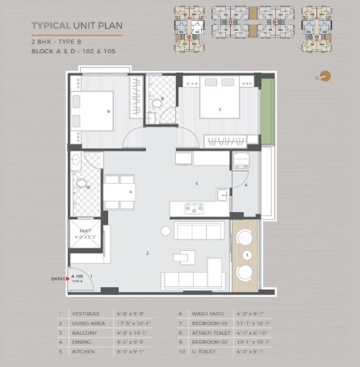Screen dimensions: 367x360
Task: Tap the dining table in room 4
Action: (x=123, y=191)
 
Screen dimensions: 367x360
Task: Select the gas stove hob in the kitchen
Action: (x=195, y=207)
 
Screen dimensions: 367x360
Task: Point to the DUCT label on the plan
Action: (x=85, y=231)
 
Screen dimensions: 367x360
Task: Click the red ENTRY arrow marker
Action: (x=68, y=278)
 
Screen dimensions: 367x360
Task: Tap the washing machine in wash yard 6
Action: (x=240, y=161)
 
